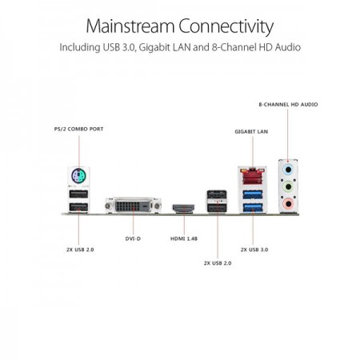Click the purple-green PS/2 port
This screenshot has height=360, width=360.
(x=78, y=175)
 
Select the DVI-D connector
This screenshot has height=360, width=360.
(x=133, y=206)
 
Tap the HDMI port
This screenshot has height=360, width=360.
(x=183, y=208)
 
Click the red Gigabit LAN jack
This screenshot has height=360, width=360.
(x=252, y=176)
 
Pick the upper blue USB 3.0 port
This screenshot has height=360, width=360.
(x=253, y=194)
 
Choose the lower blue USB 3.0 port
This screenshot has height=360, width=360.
(x=253, y=207)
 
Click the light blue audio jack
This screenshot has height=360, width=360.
(x=288, y=170)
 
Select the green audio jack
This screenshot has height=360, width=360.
(x=288, y=186)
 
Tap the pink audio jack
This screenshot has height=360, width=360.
(x=288, y=203)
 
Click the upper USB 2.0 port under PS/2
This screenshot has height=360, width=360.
(x=78, y=194)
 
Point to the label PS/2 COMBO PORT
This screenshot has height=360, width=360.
(x=78, y=129)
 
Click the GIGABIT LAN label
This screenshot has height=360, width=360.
(x=251, y=131)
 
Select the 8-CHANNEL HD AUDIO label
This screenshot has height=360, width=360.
(x=288, y=105)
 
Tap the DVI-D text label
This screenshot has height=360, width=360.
(x=133, y=238)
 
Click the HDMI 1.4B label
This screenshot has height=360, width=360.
(x=184, y=238)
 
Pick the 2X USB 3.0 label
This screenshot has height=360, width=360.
(x=254, y=250)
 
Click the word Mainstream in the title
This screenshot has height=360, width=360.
(x=130, y=26)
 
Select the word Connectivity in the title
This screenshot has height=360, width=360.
(x=226, y=27)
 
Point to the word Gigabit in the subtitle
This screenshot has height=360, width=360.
(x=154, y=47)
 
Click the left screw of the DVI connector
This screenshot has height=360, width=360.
(x=108, y=206)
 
